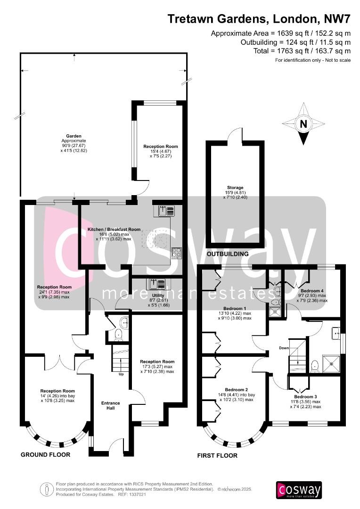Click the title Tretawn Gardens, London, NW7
(x=259, y=19)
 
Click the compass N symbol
(x=303, y=124)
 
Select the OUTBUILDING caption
(x=228, y=254)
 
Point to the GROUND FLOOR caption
(x=46, y=455)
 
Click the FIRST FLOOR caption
(x=217, y=456)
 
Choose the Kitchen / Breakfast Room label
(x=114, y=230)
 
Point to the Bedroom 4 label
(x=312, y=291)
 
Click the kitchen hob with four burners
(x=176, y=253)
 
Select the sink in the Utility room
(x=155, y=284)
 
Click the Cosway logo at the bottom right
(x=299, y=490)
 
